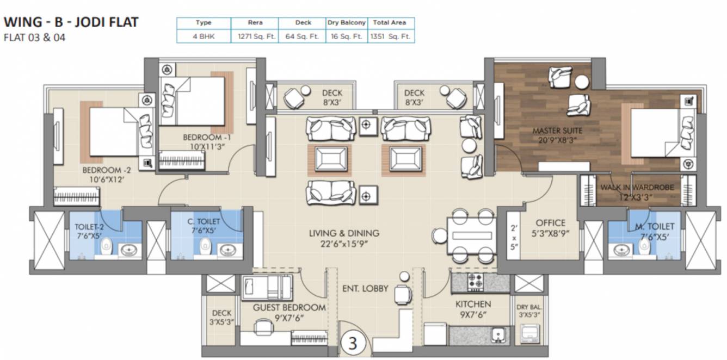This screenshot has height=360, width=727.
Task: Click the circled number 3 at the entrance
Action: click(x=353, y=344)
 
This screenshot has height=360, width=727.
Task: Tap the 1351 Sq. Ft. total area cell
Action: click(x=390, y=37)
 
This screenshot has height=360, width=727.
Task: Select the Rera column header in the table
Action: click(x=254, y=23)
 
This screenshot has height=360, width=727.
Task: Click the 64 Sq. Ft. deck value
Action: click(x=303, y=37)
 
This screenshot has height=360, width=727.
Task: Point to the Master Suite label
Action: click(x=557, y=131)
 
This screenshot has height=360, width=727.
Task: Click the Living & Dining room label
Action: click(x=344, y=233)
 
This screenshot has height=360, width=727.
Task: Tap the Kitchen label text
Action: click(x=473, y=304)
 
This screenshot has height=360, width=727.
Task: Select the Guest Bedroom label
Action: click(x=289, y=308)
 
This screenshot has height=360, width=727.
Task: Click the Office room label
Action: click(x=550, y=223)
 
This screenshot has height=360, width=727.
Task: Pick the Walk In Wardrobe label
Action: click(x=637, y=188)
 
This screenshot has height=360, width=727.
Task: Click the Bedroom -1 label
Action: click(x=202, y=138)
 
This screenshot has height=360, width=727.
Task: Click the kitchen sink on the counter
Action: click(x=497, y=335)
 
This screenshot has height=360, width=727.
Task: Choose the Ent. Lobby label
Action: click(x=365, y=288)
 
